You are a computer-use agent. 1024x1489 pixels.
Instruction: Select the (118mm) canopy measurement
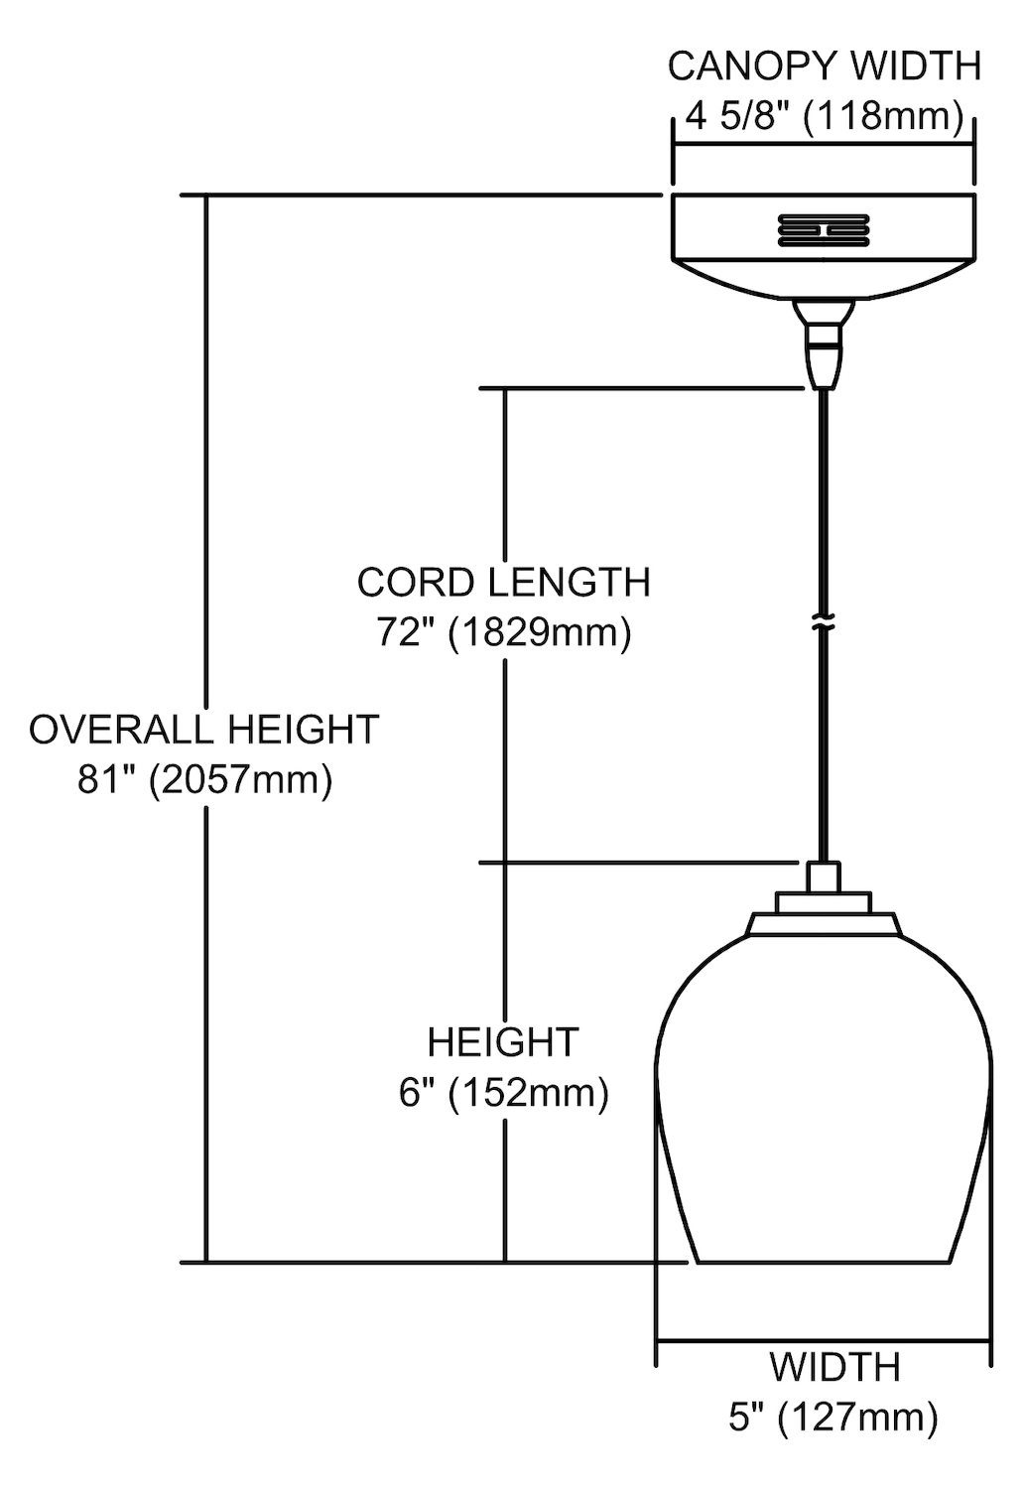pyautogui.click(x=883, y=118)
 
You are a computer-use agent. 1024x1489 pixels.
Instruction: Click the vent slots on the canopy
pyautogui.click(x=823, y=229)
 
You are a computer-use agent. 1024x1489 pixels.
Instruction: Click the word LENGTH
pyautogui.click(x=570, y=583)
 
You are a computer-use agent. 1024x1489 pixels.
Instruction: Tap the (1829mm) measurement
pyautogui.click(x=540, y=633)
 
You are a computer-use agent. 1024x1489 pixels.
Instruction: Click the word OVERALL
pyautogui.click(x=121, y=730)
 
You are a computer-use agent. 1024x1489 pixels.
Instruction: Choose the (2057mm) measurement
pyautogui.click(x=240, y=780)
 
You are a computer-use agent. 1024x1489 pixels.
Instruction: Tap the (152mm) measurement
pyautogui.click(x=528, y=1094)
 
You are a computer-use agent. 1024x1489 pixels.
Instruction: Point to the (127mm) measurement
pyautogui.click(x=857, y=1418)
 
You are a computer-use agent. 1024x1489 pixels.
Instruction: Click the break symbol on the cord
pyautogui.click(x=824, y=624)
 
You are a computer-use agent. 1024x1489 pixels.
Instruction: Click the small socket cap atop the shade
pyautogui.click(x=824, y=877)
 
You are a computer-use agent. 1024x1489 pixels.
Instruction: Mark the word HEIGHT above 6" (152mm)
pyautogui.click(x=503, y=1042)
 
